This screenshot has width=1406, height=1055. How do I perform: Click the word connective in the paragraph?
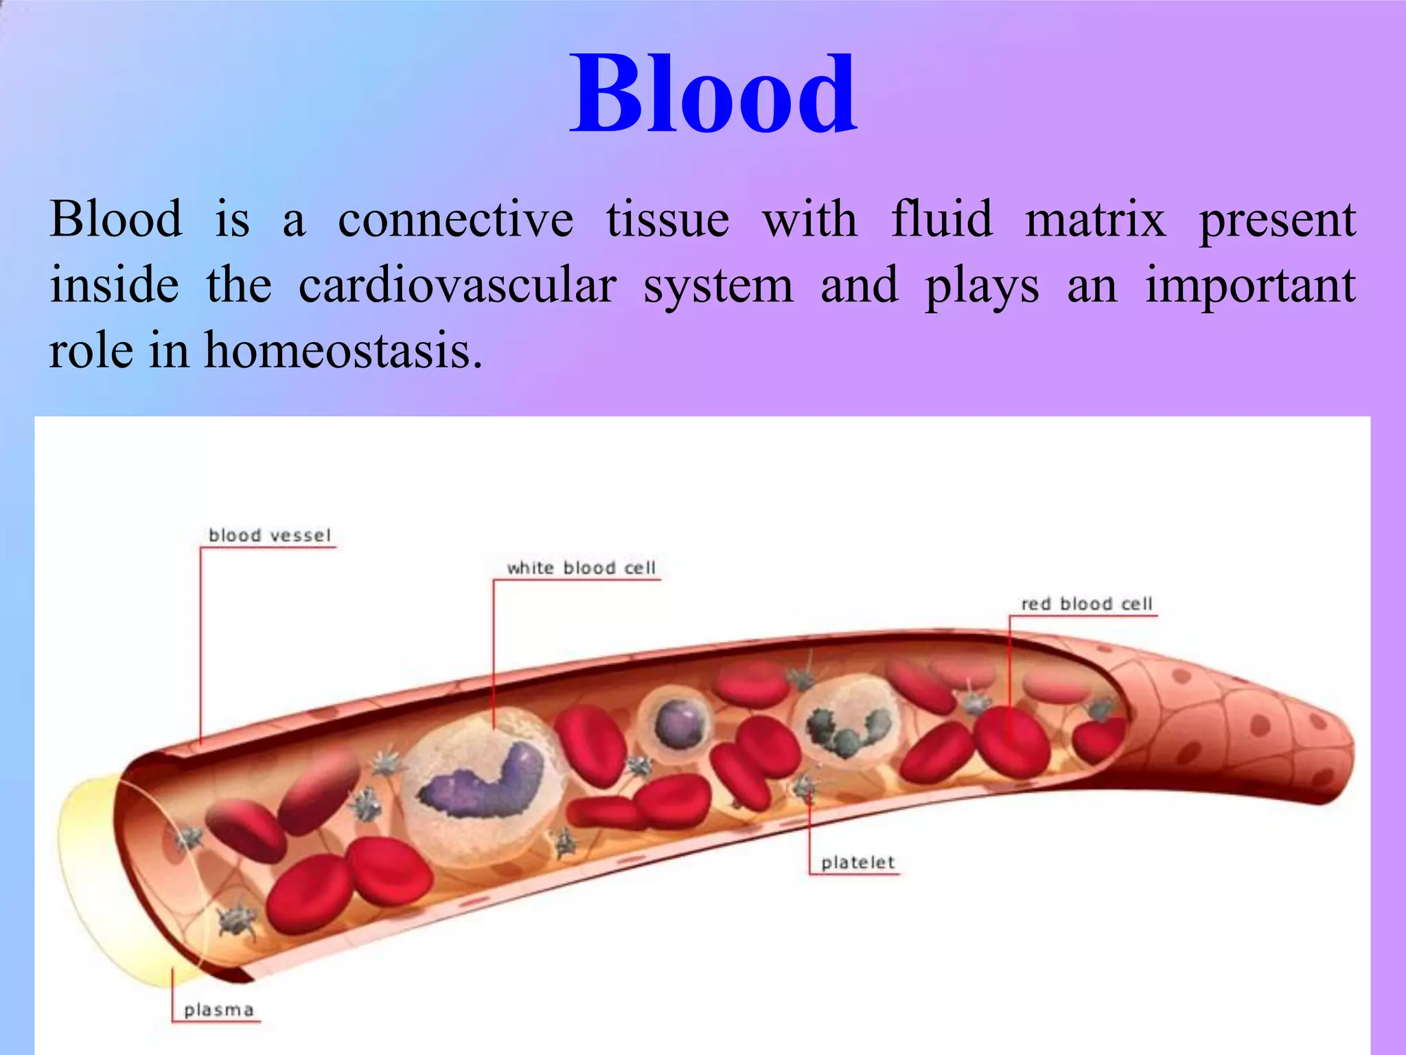pyautogui.click(x=455, y=220)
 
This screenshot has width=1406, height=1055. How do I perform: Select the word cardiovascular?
pyautogui.click(x=457, y=286)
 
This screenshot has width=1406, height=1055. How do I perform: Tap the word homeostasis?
pyautogui.click(x=343, y=350)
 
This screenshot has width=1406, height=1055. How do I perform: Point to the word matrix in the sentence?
pyautogui.click(x=1095, y=220)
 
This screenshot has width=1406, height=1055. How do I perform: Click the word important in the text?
pyautogui.click(x=1250, y=286)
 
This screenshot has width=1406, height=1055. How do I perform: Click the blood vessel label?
pyautogui.click(x=269, y=535)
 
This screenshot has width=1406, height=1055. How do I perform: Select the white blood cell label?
pyautogui.click(x=581, y=568)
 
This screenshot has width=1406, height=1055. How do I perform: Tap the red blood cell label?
pyautogui.click(x=1086, y=604)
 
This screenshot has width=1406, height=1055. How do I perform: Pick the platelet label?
pyautogui.click(x=858, y=863)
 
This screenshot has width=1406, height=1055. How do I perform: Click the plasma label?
pyautogui.click(x=219, y=1010)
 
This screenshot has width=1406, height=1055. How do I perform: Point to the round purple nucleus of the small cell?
pyautogui.click(x=680, y=725)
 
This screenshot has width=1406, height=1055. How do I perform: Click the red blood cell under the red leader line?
pyautogui.click(x=1011, y=742)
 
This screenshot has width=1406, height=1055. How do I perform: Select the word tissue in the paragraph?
pyautogui.click(x=667, y=220)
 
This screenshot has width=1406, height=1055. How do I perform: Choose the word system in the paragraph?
pyautogui.click(x=718, y=286)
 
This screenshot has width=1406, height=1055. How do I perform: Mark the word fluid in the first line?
pyautogui.click(x=942, y=220)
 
